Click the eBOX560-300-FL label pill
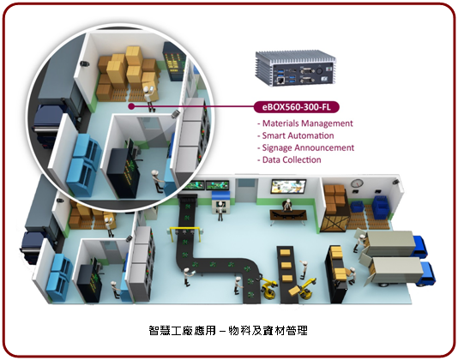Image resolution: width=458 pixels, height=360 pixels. tap(297, 107)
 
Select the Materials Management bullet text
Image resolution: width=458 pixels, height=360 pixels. tap(305, 123)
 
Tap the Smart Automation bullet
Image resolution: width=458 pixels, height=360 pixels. tap(295, 135)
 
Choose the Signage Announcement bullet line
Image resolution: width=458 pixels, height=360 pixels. tap(305, 147)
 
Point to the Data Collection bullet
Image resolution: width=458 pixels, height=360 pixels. tap(289, 160)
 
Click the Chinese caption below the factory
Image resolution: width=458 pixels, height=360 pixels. tap(228, 331)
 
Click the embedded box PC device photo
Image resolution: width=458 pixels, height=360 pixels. tap(296, 69)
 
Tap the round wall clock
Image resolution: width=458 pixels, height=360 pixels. tap(357, 183)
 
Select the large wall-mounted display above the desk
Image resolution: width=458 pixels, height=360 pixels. tap(288, 187)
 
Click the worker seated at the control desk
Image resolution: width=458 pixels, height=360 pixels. tap(287, 205)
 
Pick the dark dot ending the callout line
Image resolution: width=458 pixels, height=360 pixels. tap(131, 106)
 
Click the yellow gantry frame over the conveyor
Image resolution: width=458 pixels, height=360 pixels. tap(185, 232)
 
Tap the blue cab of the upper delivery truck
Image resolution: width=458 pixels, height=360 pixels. tap(420, 246)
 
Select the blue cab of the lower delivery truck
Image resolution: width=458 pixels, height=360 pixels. tap(428, 273)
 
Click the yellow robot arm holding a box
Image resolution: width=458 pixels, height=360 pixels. tap(304, 289)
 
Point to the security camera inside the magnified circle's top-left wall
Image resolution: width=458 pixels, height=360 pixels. tap(84, 64)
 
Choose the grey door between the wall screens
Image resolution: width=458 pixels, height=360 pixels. tap(246, 190)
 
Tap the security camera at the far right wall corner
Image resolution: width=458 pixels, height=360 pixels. tap(395, 182)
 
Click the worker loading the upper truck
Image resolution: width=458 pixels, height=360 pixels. tap(359, 242)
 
